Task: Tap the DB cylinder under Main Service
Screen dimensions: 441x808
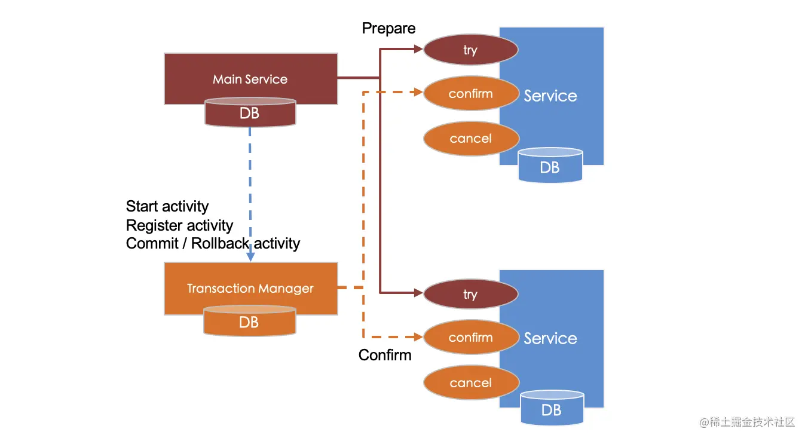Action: point(250,113)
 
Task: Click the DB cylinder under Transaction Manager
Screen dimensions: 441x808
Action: point(249,322)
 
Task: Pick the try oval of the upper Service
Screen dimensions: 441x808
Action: point(470,50)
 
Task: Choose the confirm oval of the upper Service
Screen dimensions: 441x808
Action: point(471,94)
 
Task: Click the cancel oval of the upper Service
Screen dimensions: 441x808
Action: point(471,139)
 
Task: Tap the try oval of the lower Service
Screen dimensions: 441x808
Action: point(470,294)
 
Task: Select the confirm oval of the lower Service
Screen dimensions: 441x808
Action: point(471,338)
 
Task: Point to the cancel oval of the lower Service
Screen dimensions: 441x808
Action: point(471,383)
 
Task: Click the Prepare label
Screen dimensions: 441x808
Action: point(388,29)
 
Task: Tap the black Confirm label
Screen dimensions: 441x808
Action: point(385,355)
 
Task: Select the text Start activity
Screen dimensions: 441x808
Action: point(167,207)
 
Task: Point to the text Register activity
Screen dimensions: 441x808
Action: point(179,225)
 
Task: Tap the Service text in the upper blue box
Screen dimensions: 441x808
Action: point(550,96)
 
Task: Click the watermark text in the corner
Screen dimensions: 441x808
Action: point(747,422)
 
